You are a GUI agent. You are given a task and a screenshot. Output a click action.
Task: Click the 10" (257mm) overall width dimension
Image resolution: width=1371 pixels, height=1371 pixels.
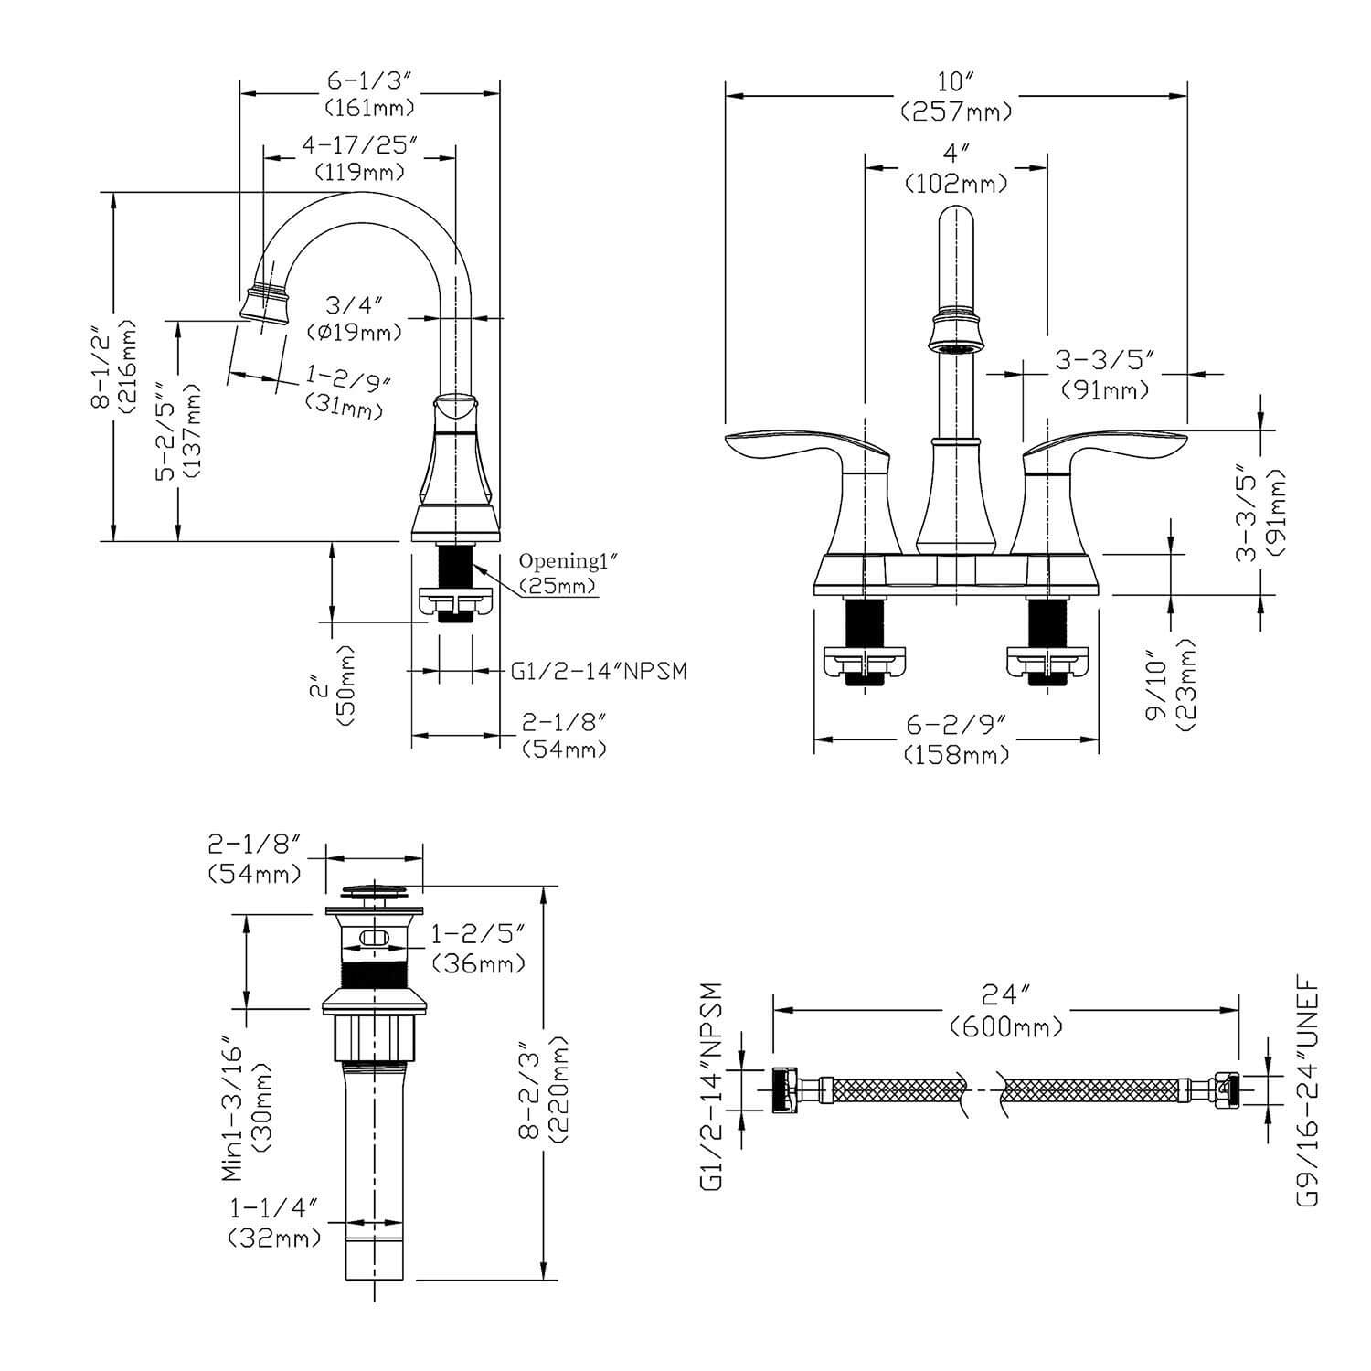[956, 98]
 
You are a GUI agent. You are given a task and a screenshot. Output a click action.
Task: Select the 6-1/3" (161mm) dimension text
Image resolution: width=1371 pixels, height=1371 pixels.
[370, 93]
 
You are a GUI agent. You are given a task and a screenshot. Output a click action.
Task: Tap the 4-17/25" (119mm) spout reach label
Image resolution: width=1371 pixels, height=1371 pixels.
[359, 157]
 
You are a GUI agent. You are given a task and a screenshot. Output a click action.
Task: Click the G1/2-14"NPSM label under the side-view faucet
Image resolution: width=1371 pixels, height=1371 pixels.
[599, 672]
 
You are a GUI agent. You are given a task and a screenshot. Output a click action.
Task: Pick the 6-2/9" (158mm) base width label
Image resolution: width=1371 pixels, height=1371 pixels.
[956, 740]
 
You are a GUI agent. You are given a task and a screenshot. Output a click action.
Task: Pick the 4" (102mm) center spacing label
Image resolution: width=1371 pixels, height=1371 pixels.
[956, 169]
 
